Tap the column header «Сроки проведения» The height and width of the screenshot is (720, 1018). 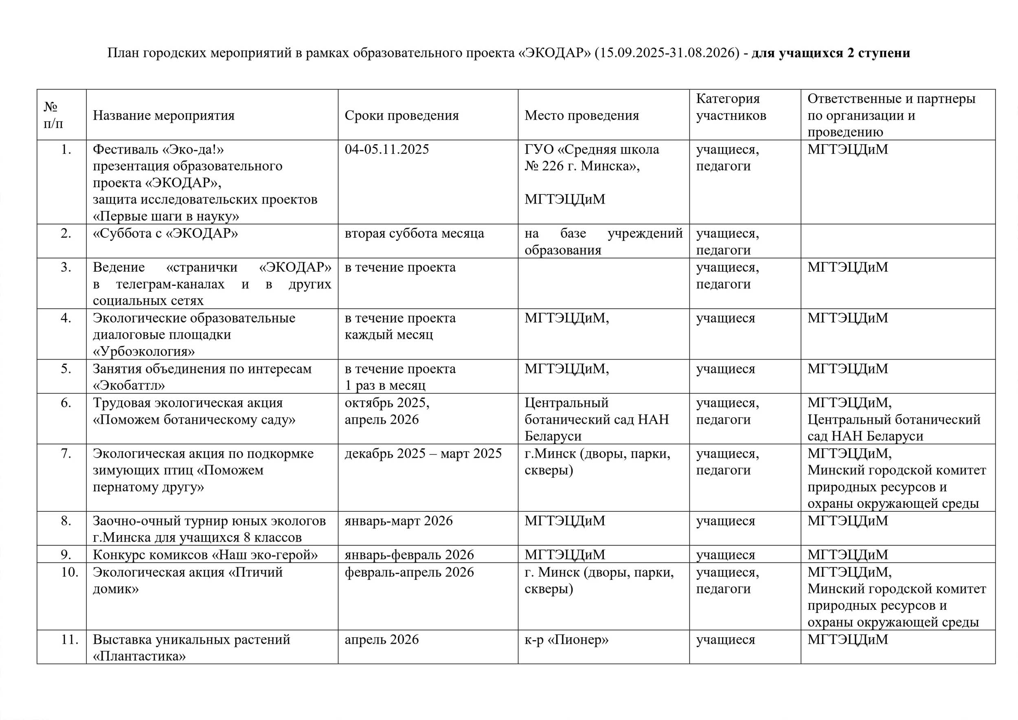point(401,115)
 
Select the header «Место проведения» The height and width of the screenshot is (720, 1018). point(582,115)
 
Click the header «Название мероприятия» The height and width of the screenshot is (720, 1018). point(164,115)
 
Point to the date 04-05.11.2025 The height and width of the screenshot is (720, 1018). point(386,149)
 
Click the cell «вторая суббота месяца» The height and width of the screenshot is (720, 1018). point(414,233)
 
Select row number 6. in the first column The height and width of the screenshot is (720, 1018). point(66,403)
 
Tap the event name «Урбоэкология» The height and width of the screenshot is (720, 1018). point(144,351)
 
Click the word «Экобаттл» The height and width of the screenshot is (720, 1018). point(129,385)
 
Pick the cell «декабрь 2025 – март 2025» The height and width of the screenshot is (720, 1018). point(423,453)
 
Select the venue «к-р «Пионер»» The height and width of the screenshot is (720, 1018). point(566,639)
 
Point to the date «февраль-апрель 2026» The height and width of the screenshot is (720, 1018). point(409,572)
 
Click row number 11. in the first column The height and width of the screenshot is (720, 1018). point(70,639)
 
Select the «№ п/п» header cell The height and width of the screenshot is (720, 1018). point(53,115)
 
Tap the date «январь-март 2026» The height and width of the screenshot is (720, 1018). point(399,520)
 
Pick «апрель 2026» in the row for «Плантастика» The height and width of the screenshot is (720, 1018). point(381,639)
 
